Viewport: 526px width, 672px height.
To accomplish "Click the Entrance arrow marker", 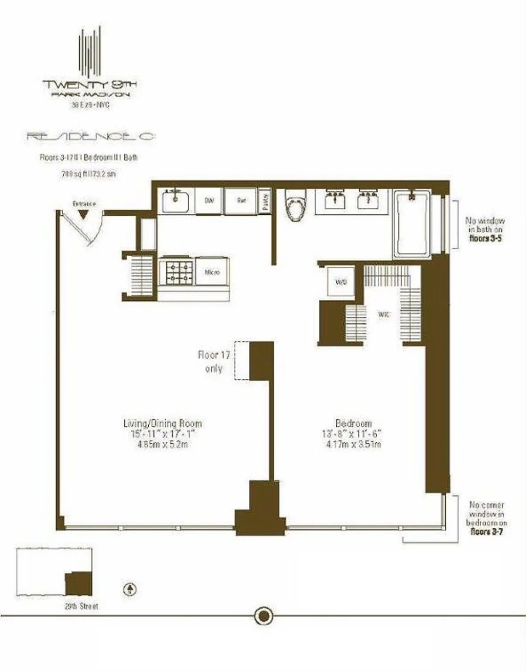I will click(x=83, y=214).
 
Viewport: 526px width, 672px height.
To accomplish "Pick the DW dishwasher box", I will click(x=209, y=201).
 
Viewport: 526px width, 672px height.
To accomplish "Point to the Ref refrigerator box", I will click(x=241, y=201).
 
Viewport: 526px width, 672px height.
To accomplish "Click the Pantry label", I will click(x=265, y=201).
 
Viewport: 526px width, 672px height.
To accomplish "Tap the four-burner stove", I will click(x=176, y=272).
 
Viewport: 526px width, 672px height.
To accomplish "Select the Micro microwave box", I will click(x=212, y=272).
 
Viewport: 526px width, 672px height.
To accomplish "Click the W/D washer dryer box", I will click(x=341, y=282).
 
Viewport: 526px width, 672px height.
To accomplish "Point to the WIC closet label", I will click(x=383, y=314).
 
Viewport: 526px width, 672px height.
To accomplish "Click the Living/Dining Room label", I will click(x=163, y=423).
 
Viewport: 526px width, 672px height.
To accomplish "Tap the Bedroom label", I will click(x=353, y=423).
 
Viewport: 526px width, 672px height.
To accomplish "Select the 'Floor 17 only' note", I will click(x=214, y=362).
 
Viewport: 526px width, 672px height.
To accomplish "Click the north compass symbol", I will click(x=130, y=590).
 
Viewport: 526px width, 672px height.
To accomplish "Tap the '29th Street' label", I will click(x=82, y=606).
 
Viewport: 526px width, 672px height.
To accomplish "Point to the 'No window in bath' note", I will click(x=485, y=229).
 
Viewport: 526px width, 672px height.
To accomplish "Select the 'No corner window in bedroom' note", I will click(x=486, y=518).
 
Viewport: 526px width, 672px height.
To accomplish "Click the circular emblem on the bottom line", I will click(x=263, y=616).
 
